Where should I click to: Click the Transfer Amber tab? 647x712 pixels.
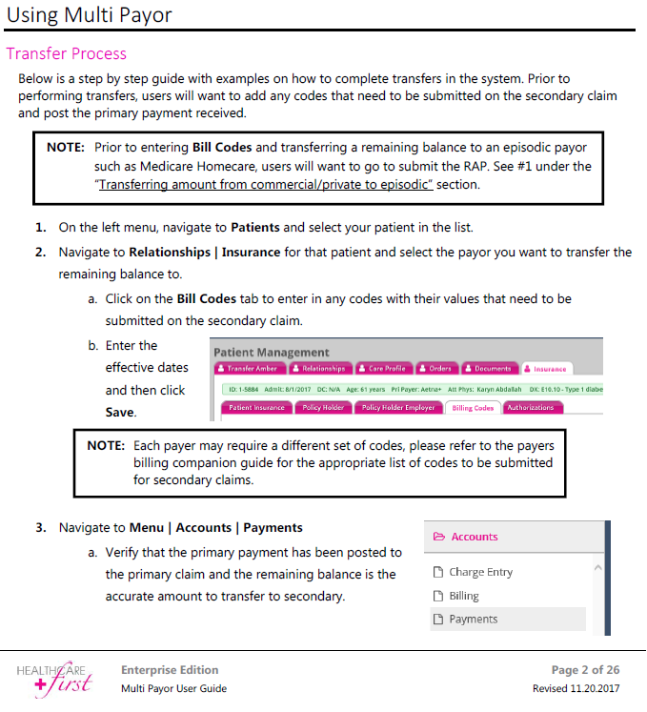pyautogui.click(x=250, y=369)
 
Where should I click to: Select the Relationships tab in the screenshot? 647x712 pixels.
pyautogui.click(x=320, y=369)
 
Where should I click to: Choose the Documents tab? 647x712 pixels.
pyautogui.click(x=490, y=369)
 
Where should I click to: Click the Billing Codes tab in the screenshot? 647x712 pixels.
pyautogui.click(x=472, y=408)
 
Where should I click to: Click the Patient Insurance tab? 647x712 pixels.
pyautogui.click(x=256, y=408)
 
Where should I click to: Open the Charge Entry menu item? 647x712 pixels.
pyautogui.click(x=480, y=572)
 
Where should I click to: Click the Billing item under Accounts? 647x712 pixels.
pyautogui.click(x=464, y=596)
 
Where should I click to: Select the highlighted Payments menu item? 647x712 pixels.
pyautogui.click(x=473, y=619)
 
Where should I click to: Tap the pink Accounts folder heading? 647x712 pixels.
pyautogui.click(x=474, y=537)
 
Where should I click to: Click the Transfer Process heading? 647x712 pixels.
pyautogui.click(x=67, y=53)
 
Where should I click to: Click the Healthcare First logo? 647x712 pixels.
pyautogui.click(x=54, y=678)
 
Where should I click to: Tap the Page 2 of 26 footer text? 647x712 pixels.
pyautogui.click(x=585, y=670)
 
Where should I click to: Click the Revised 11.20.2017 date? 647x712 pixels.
pyautogui.click(x=576, y=688)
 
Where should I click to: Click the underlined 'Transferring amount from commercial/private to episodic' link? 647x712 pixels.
pyautogui.click(x=266, y=184)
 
